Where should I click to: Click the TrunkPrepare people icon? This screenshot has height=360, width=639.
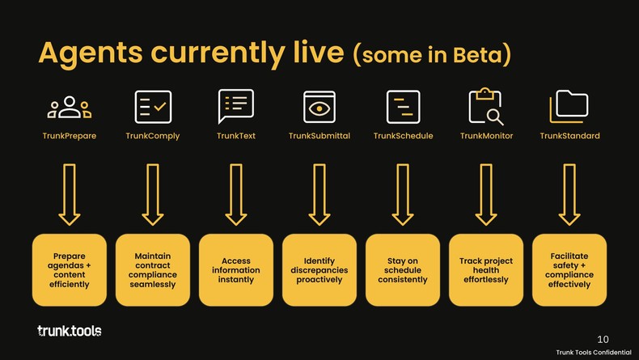point(70,108)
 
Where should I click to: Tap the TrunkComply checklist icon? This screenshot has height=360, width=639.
point(153,107)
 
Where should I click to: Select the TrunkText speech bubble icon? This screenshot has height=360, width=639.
point(236,106)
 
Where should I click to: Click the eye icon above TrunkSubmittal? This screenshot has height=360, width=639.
point(319,107)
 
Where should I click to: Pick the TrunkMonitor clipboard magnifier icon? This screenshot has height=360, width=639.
point(486,106)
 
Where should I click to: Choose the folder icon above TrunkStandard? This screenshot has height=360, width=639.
point(569,106)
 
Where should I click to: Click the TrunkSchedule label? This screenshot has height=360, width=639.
point(403,136)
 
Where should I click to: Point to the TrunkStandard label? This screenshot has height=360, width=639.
point(569,136)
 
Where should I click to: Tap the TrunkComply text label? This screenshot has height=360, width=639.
point(153,136)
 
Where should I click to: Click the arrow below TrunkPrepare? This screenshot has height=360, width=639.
point(70,194)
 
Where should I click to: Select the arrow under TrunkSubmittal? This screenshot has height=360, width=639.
point(319,194)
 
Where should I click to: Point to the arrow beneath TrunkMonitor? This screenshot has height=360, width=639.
point(486,194)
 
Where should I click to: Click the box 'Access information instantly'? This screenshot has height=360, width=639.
point(236,270)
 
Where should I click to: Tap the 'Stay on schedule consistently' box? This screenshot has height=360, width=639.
point(403,270)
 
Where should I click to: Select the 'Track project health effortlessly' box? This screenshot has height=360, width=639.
point(486,270)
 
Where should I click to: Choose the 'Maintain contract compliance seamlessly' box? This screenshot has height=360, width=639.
point(153,270)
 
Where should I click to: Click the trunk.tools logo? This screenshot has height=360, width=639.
point(70,331)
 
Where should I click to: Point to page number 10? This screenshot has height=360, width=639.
point(603,339)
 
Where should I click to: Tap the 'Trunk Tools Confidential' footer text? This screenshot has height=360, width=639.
point(594,352)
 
